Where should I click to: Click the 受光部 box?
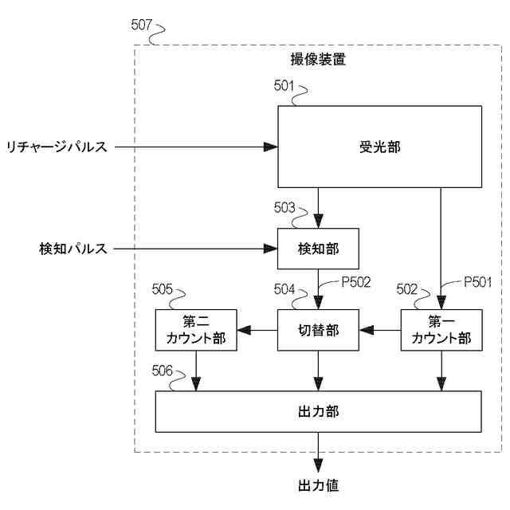[379, 147]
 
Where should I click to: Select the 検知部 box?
[318, 249]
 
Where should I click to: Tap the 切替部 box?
[318, 330]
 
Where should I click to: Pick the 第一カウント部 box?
[441, 330]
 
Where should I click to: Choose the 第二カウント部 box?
[196, 330]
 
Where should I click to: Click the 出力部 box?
[319, 411]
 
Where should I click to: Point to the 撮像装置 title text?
[318, 60]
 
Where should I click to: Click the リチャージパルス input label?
[57, 147]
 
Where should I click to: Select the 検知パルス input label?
[73, 249]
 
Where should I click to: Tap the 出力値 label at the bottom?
[319, 485]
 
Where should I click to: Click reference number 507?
[142, 25]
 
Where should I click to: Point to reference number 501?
[284, 85]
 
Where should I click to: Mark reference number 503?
[284, 207]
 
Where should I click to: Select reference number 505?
[162, 288]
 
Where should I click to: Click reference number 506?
[162, 371]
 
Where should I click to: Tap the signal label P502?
[356, 281]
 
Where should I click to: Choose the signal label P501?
[478, 281]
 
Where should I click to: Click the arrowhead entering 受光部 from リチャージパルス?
[271, 147]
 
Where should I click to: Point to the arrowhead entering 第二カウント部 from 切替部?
[245, 330]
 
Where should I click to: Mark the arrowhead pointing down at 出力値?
[319, 465]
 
